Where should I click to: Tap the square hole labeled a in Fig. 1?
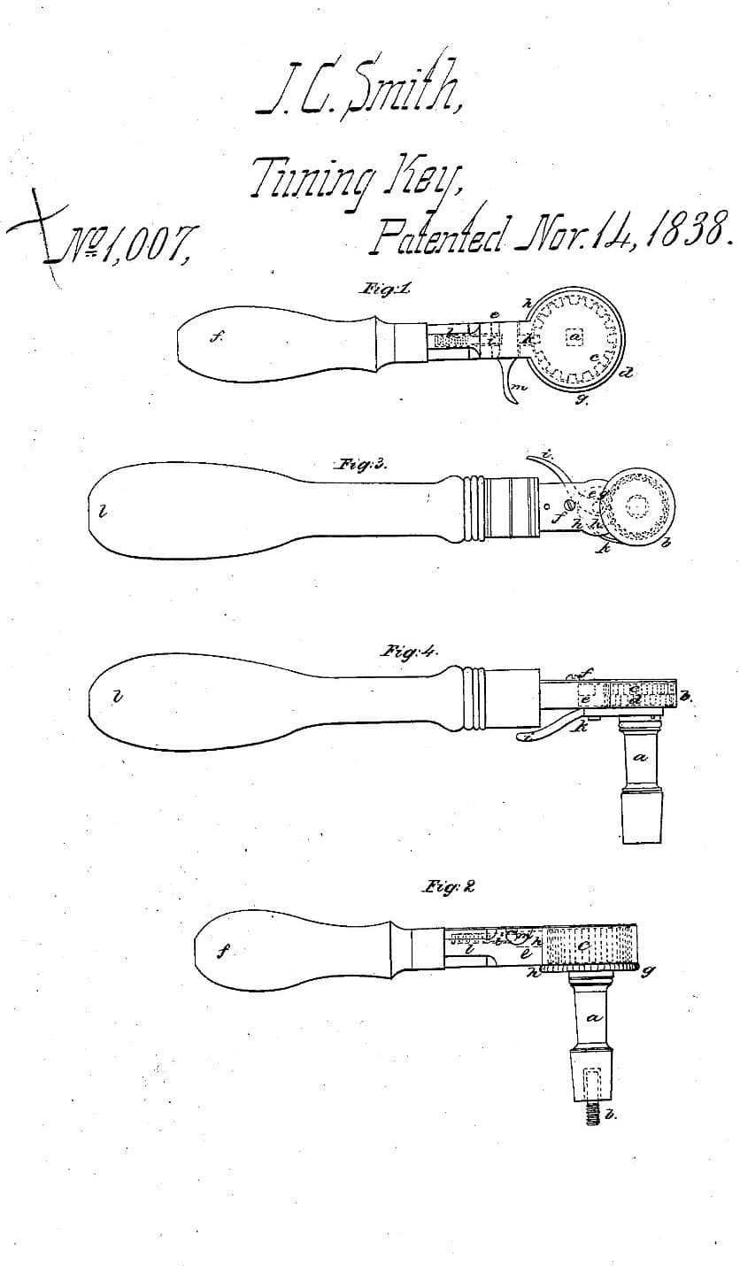(576, 337)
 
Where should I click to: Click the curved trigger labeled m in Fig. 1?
(509, 384)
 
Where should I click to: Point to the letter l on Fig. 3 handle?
(104, 510)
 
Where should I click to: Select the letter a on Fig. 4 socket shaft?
(641, 758)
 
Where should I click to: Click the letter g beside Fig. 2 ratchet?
(651, 970)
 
